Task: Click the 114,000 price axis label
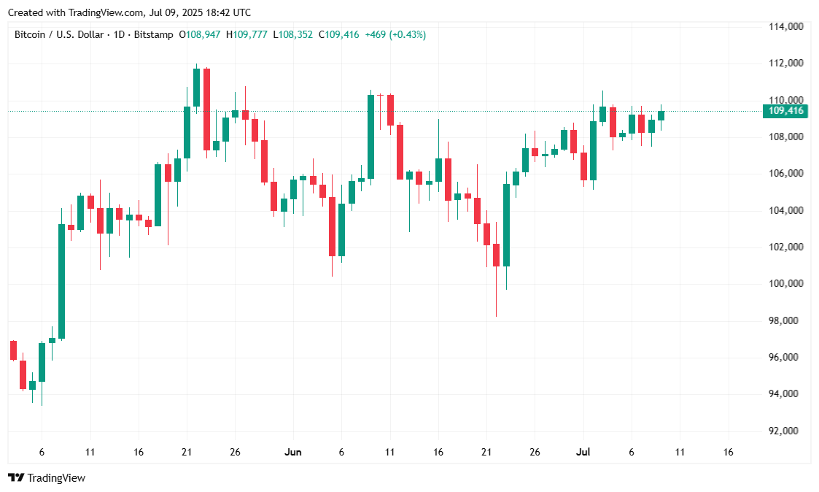785,26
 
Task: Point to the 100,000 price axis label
785,283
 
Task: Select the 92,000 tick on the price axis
785,431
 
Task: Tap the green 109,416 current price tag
785,111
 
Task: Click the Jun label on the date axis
292,453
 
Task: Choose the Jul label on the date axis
583,453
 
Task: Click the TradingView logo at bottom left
47,477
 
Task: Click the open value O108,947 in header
201,34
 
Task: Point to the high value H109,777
248,34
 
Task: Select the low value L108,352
293,34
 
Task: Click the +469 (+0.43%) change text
395,34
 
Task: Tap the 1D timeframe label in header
118,34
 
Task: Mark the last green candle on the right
661,115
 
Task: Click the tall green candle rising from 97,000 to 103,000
61,281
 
